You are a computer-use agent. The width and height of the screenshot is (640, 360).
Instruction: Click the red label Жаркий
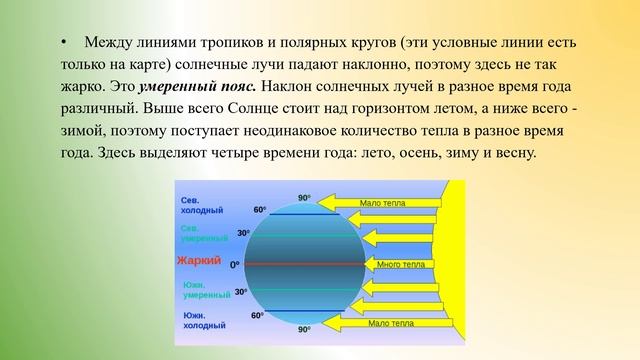pyautogui.click(x=197, y=261)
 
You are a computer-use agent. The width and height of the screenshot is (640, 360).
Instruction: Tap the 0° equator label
pyautogui.click(x=235, y=265)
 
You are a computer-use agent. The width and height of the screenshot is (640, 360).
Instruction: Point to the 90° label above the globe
pyautogui.click(x=304, y=198)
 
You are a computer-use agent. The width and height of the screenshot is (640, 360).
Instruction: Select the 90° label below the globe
pyautogui.click(x=304, y=328)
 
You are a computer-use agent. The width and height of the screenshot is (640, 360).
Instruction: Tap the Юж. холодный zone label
pyautogui.click(x=201, y=320)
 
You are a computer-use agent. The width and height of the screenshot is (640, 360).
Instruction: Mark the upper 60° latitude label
pyautogui.click(x=259, y=210)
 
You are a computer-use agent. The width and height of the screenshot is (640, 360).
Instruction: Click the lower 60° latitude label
pyautogui.click(x=257, y=315)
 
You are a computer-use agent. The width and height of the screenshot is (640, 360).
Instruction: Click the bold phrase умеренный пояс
pyautogui.click(x=195, y=88)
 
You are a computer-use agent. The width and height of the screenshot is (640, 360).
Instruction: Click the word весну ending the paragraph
pyautogui.click(x=512, y=153)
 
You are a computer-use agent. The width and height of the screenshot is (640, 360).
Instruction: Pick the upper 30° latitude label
pyautogui.click(x=242, y=233)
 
